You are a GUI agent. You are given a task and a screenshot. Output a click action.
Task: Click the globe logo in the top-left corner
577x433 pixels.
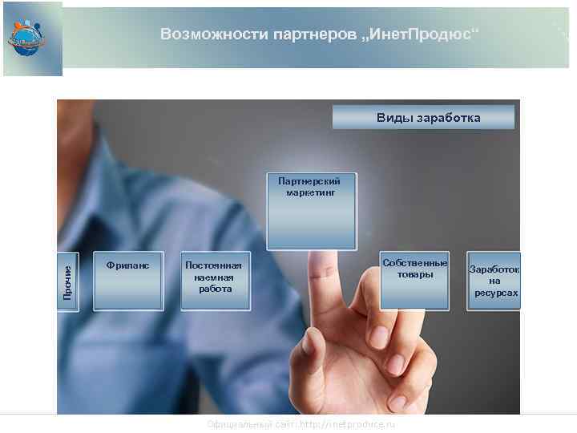[x=27, y=36]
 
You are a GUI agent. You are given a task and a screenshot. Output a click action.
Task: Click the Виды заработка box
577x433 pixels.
[x=424, y=118]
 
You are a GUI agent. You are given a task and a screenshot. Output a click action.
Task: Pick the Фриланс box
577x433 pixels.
[x=128, y=281]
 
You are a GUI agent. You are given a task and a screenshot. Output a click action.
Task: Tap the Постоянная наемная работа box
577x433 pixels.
[x=216, y=281]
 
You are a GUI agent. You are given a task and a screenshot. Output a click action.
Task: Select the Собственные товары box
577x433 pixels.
[x=414, y=280]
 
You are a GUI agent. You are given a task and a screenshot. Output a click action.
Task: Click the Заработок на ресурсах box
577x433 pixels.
[x=494, y=281]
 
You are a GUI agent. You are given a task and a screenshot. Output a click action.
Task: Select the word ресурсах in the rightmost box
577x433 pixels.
[x=495, y=293]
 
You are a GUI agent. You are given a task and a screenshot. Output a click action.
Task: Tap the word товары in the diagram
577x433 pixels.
[x=414, y=274]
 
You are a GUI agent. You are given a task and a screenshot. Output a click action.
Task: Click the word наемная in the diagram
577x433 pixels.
[x=213, y=277]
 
